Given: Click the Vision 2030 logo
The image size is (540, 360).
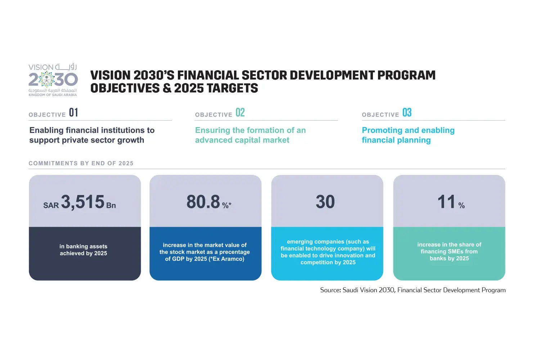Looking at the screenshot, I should [53, 80].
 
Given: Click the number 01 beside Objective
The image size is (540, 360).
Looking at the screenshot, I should [73, 113].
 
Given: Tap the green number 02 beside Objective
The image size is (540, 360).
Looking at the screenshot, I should [240, 113].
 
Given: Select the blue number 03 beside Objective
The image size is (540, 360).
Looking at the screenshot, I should [407, 113].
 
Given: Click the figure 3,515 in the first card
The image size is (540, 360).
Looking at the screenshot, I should [83, 202].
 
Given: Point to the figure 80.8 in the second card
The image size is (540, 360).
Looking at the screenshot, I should [203, 202].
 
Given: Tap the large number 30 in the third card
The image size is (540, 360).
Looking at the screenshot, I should [325, 202].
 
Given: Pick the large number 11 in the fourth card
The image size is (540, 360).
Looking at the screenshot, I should [446, 202].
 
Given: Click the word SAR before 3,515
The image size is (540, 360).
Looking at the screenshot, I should [51, 206].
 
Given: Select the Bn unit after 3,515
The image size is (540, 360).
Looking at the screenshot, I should [111, 206].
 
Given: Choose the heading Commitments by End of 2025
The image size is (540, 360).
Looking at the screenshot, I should [81, 163].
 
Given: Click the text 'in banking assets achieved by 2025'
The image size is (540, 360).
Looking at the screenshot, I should [84, 250].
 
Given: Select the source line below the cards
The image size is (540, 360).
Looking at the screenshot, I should [413, 290].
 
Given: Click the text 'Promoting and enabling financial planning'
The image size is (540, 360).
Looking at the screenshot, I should [408, 135].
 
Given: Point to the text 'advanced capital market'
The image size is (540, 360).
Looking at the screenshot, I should [242, 140].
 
